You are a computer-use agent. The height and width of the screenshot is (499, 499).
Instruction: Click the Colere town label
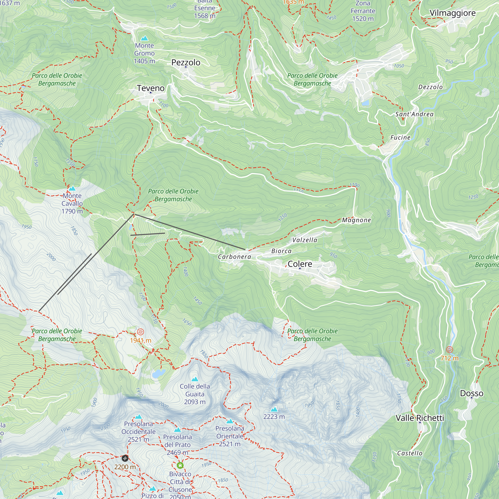click(300, 264)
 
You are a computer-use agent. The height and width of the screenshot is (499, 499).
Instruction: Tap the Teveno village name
click(151, 88)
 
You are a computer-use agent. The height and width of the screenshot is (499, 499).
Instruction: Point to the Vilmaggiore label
click(452, 13)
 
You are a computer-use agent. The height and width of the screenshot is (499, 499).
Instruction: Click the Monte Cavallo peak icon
click(72, 188)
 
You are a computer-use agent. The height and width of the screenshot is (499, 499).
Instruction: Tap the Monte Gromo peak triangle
click(144, 38)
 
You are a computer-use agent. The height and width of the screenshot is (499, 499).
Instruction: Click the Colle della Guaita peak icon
click(195, 379)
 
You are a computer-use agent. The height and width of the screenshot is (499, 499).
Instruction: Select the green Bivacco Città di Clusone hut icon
click(180, 465)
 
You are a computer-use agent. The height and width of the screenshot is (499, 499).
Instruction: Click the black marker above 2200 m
click(125, 458)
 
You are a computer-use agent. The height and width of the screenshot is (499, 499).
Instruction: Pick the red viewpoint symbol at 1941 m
click(140, 332)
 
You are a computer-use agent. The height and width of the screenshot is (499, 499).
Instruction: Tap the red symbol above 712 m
click(450, 350)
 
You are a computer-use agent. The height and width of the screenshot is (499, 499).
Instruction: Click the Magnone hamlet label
click(357, 220)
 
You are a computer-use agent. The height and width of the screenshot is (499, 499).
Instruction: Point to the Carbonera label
click(234, 257)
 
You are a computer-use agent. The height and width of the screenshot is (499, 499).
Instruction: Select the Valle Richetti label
click(420, 418)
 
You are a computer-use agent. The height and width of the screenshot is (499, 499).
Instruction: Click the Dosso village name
click(471, 393)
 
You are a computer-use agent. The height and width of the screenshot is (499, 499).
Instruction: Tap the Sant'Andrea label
click(414, 114)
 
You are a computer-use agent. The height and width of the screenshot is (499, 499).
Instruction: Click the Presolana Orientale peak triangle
click(230, 421)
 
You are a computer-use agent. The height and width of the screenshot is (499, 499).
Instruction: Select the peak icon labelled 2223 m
click(274, 409)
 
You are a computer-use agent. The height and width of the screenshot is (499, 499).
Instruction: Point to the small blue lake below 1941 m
click(159, 374)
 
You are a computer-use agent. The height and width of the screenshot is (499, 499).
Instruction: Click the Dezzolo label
click(430, 87)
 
